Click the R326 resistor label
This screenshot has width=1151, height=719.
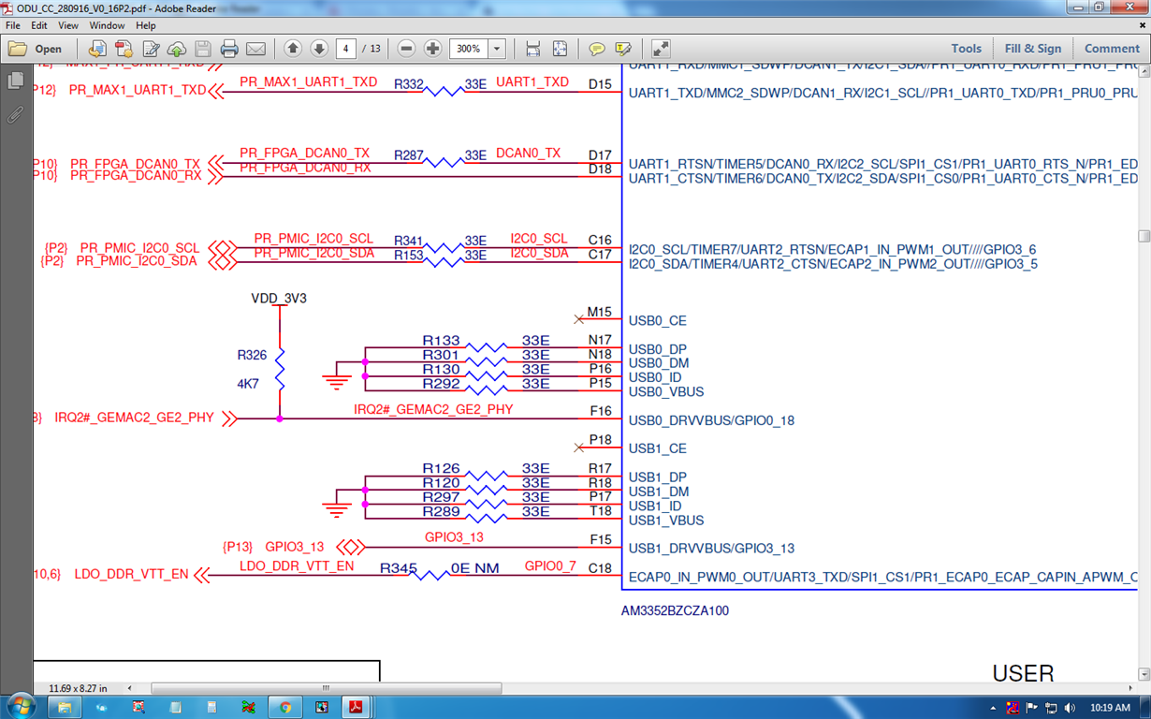click(252, 356)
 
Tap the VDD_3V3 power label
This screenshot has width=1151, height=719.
click(279, 299)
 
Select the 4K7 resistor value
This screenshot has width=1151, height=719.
click(248, 384)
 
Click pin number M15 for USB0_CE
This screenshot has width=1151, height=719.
click(599, 312)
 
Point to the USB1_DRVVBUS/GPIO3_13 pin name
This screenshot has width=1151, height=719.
click(711, 549)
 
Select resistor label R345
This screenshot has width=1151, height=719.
click(398, 568)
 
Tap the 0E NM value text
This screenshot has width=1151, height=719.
click(474, 568)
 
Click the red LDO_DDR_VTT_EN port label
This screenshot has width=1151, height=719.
click(131, 574)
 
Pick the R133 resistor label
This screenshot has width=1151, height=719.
click(441, 341)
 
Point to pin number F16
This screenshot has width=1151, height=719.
click(600, 411)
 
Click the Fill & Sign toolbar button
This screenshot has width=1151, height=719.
click(1033, 49)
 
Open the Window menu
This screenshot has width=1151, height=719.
click(107, 25)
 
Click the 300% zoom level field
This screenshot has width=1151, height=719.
click(469, 49)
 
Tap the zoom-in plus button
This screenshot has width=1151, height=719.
click(432, 49)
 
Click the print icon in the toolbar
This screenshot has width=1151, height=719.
click(229, 49)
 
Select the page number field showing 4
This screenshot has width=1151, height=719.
click(346, 49)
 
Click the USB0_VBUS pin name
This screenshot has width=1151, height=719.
click(666, 392)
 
